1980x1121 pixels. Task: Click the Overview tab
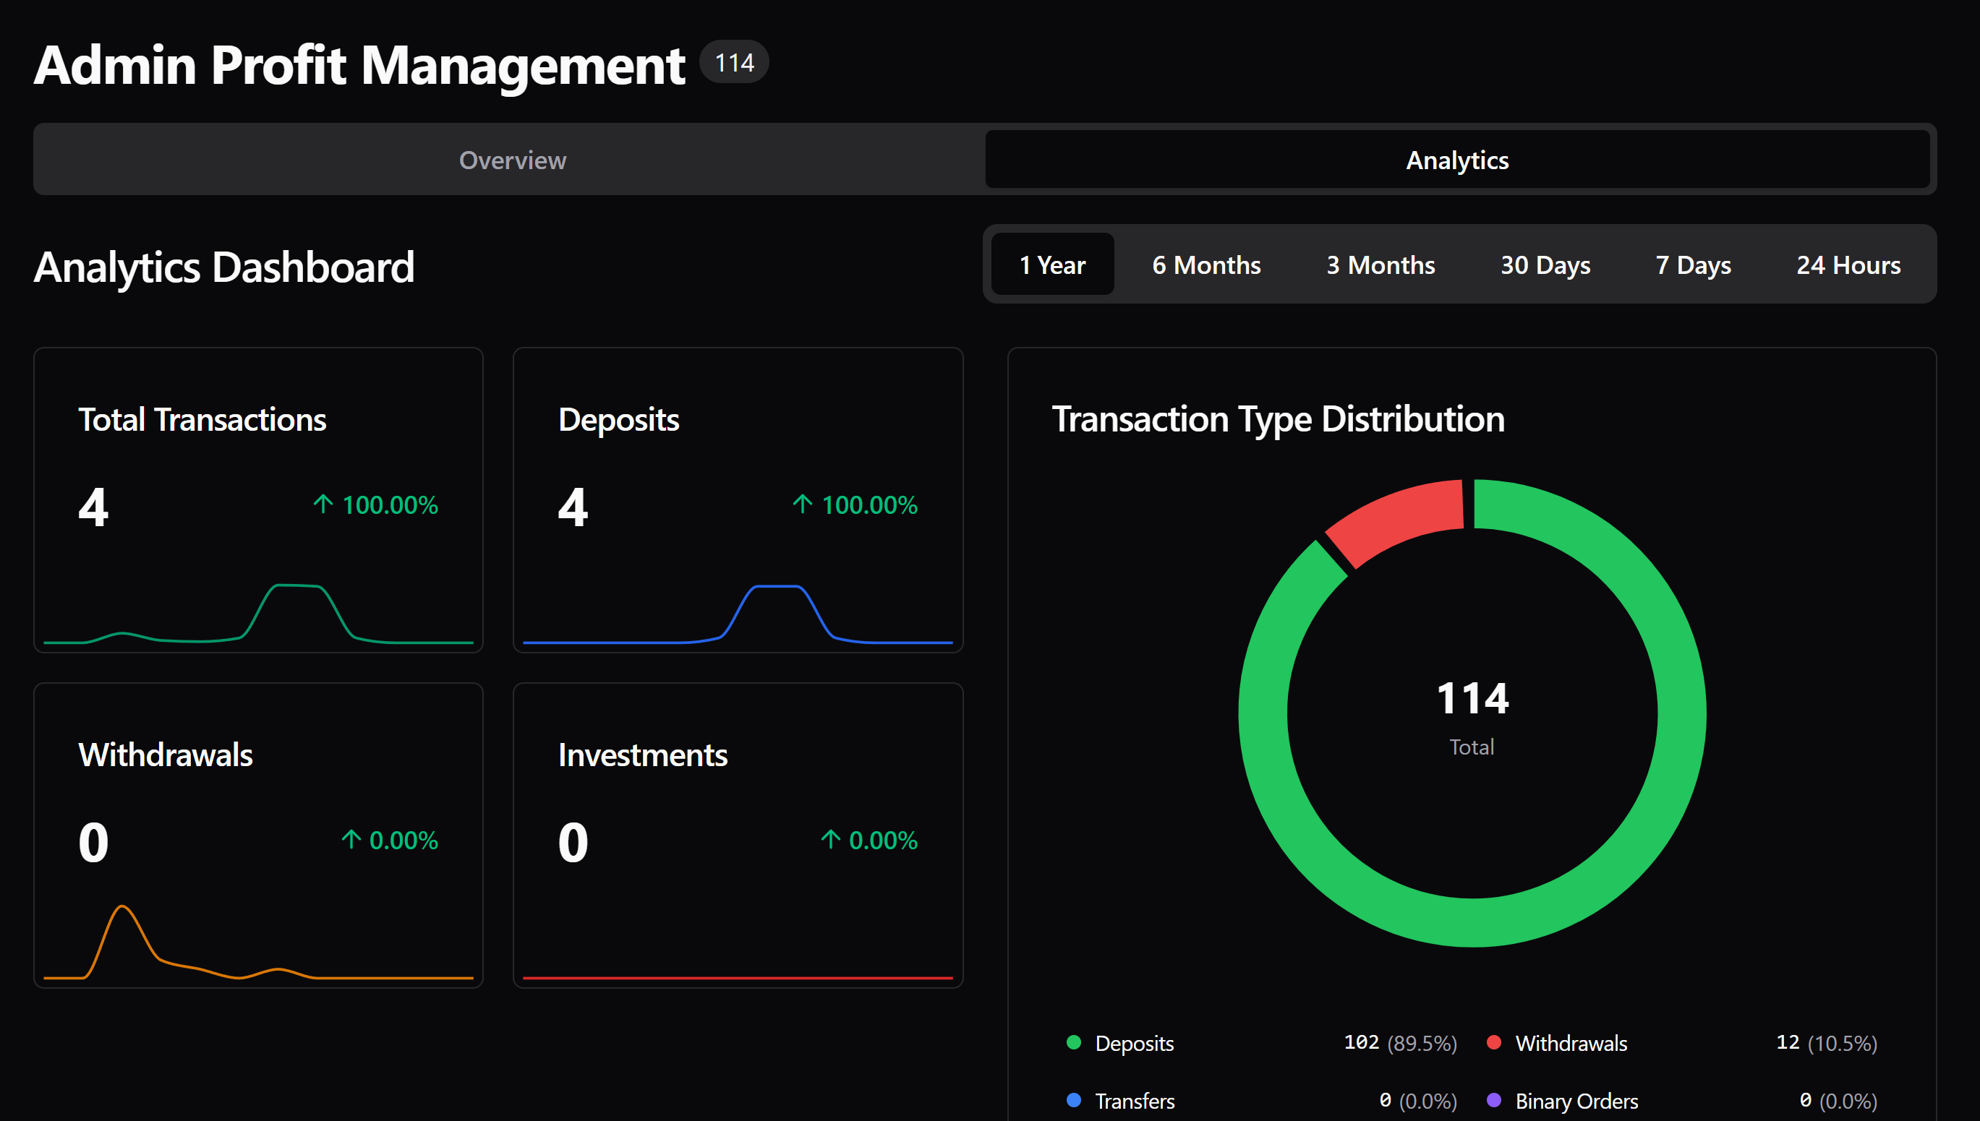(x=512, y=160)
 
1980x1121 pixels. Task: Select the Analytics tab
(x=1457, y=160)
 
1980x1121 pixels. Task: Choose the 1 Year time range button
(x=1052, y=265)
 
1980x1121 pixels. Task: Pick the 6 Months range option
(x=1206, y=265)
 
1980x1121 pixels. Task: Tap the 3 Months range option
(x=1380, y=265)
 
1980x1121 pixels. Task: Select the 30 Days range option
(x=1545, y=265)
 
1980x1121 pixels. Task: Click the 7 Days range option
(x=1693, y=265)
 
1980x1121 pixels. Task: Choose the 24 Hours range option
(x=1848, y=265)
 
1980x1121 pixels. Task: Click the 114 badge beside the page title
(x=734, y=62)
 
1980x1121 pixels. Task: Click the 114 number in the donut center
(x=1472, y=698)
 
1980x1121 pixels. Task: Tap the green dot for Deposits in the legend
(x=1074, y=1042)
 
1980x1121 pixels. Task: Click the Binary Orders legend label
(x=1576, y=1101)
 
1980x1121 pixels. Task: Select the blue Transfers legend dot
(x=1074, y=1100)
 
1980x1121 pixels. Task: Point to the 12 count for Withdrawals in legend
(x=1787, y=1042)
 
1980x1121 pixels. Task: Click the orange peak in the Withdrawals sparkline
(x=122, y=909)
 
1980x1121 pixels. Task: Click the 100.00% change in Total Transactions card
(x=389, y=505)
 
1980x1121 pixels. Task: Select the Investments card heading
(x=642, y=755)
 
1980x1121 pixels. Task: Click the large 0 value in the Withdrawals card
(x=93, y=841)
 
